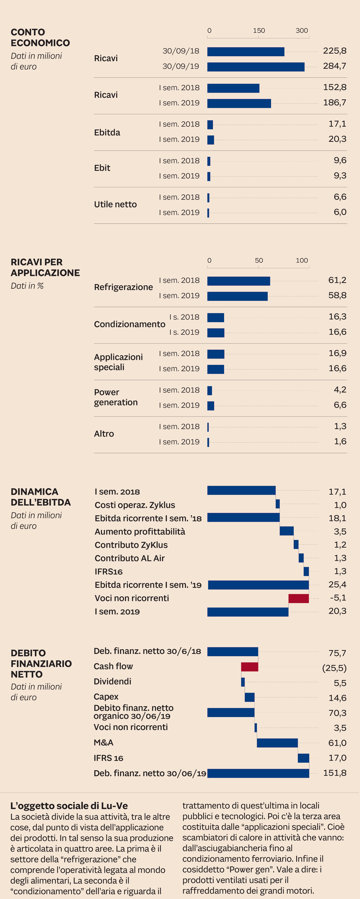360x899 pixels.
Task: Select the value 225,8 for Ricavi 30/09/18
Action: pyautogui.click(x=335, y=51)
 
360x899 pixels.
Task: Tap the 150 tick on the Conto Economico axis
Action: pyautogui.click(x=259, y=31)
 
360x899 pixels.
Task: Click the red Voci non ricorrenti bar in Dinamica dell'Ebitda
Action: pyautogui.click(x=299, y=599)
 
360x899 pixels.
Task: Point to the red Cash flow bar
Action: pyautogui.click(x=249, y=667)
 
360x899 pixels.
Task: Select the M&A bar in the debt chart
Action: pyautogui.click(x=277, y=743)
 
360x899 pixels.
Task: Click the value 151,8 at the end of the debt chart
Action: pyautogui.click(x=335, y=773)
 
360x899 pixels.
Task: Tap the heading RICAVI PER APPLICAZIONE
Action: pyautogui.click(x=45, y=267)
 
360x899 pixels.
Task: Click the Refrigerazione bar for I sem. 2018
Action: pyautogui.click(x=239, y=281)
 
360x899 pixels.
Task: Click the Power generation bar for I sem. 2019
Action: pyautogui.click(x=211, y=406)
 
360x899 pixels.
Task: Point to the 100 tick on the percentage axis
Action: pyautogui.click(x=302, y=260)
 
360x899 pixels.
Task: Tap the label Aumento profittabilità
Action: pyautogui.click(x=140, y=531)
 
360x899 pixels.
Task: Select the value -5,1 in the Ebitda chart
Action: pyautogui.click(x=338, y=598)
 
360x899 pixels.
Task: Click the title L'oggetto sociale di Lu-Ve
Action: pyautogui.click(x=69, y=806)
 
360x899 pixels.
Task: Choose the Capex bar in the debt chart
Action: pyautogui.click(x=249, y=697)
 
